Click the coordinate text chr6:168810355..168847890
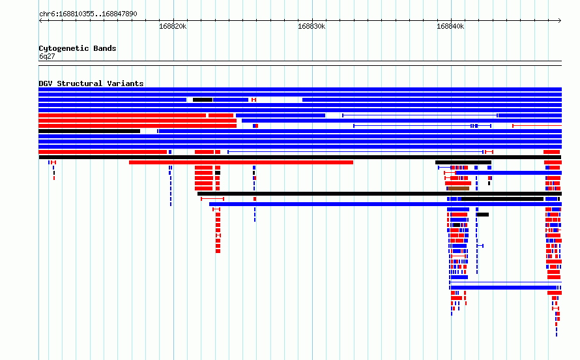[x=88, y=14]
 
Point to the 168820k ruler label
[x=173, y=26]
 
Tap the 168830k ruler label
[x=312, y=26]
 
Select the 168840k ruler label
[x=450, y=26]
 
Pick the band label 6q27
[x=47, y=56]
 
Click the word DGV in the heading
[x=46, y=83]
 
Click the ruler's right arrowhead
[x=560, y=21]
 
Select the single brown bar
[x=458, y=188]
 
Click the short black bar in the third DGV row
[x=203, y=100]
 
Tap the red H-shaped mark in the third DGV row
[x=254, y=100]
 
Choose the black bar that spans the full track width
[x=300, y=157]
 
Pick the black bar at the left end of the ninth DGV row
[x=89, y=131]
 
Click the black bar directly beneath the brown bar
[x=379, y=194]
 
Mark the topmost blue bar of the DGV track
[x=300, y=89]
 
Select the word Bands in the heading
[x=105, y=48]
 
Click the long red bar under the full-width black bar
[x=241, y=162]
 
